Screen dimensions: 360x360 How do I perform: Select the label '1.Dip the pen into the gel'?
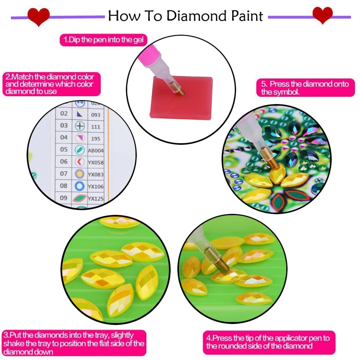tap(103, 40)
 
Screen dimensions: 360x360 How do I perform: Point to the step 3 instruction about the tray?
tap(74, 343)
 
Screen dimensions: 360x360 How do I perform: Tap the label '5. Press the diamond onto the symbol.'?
tap(305, 88)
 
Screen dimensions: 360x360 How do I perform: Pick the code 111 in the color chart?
tap(95, 127)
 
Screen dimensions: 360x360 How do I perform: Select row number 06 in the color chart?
tap(64, 161)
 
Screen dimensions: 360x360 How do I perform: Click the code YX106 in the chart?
tap(96, 186)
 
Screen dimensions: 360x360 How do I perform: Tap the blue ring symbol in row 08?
tap(80, 186)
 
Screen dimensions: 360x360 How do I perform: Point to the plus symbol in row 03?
tap(80, 126)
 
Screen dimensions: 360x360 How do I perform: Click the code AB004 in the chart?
tap(96, 150)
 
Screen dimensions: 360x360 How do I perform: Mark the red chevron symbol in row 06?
tap(79, 162)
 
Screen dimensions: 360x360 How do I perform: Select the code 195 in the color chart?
tap(95, 139)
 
